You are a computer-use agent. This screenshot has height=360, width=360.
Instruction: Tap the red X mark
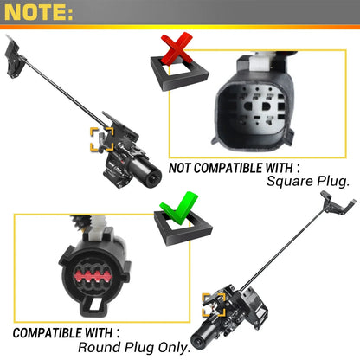177,48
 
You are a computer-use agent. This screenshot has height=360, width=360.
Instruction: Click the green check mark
179,208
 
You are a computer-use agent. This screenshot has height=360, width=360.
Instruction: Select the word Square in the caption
290,182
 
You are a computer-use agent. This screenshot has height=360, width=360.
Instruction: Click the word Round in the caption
100,347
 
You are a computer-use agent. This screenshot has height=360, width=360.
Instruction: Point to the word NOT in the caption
179,168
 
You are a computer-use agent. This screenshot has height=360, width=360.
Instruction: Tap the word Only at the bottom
173,348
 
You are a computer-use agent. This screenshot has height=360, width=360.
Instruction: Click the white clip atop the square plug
260,62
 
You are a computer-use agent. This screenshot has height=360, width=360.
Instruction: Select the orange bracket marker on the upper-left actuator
102,139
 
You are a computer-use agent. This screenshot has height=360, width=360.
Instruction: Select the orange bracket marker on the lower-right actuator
214,305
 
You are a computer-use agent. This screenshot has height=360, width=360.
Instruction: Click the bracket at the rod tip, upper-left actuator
14,58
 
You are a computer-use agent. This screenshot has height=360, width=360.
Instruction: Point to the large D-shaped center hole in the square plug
265,106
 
